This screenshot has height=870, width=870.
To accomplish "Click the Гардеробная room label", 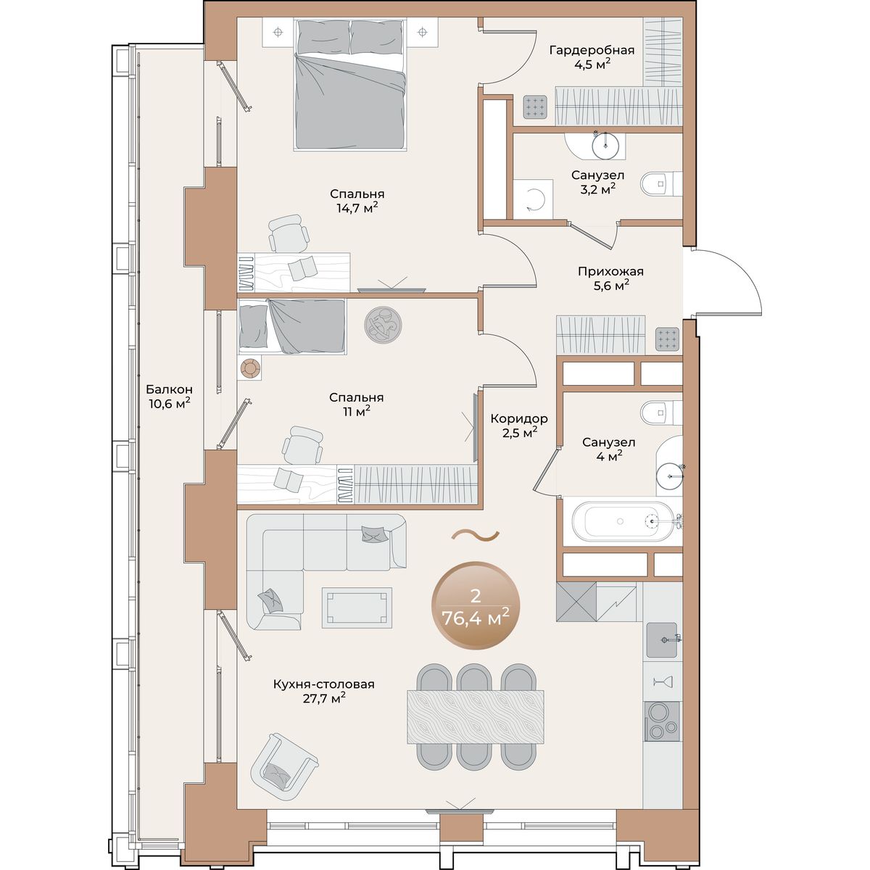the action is [592, 50].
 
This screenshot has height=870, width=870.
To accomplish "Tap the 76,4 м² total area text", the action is [476, 617].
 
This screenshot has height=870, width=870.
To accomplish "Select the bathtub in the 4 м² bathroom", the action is [623, 521].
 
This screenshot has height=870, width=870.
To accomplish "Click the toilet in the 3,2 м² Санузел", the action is [661, 183].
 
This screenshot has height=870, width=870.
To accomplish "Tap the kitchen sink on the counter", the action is [662, 639].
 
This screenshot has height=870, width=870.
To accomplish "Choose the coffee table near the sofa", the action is [357, 608].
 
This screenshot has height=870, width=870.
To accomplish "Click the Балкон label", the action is [170, 389].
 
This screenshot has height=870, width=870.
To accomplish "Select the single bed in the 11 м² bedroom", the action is [291, 326].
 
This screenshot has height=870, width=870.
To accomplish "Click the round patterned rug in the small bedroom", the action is [384, 325].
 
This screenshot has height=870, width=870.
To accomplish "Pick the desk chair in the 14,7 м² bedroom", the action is [289, 233].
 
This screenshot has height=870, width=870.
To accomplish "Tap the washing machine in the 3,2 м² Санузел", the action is [533, 199].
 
